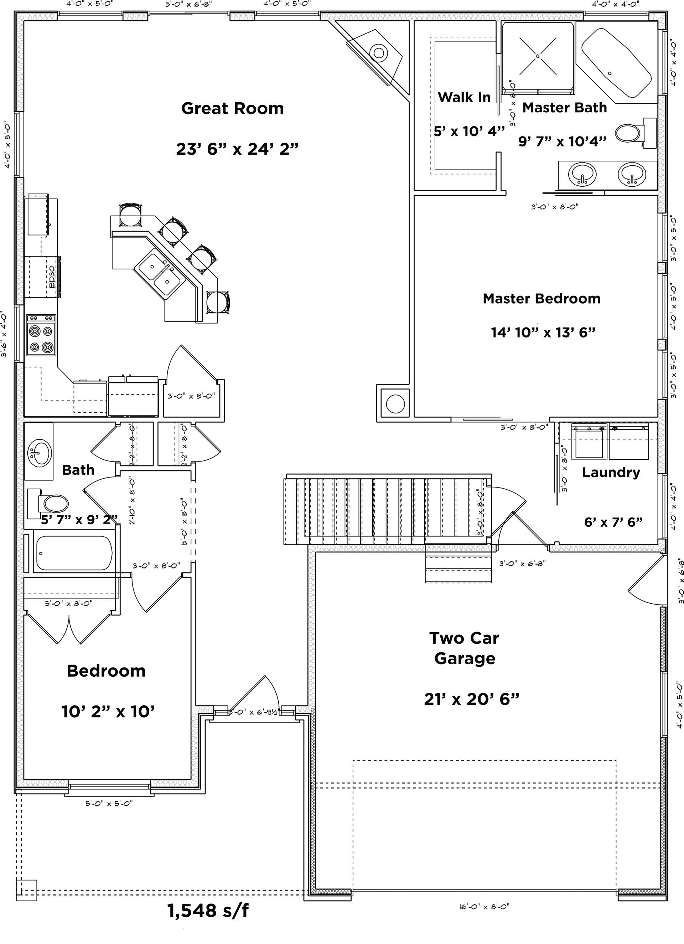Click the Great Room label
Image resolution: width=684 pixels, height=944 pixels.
pos(232,109)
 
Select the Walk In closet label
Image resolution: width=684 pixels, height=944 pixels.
pos(464,97)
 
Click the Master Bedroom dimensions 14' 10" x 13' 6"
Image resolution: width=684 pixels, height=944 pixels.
pos(543,333)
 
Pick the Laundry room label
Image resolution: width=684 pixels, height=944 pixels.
pos(611,473)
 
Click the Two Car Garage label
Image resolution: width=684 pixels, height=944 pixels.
pos(464,648)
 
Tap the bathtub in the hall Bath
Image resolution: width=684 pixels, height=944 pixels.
pos(74,553)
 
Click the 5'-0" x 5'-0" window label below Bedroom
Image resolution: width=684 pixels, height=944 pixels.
pos(109,804)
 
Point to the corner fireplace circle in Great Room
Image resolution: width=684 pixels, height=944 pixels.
pos(379,53)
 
